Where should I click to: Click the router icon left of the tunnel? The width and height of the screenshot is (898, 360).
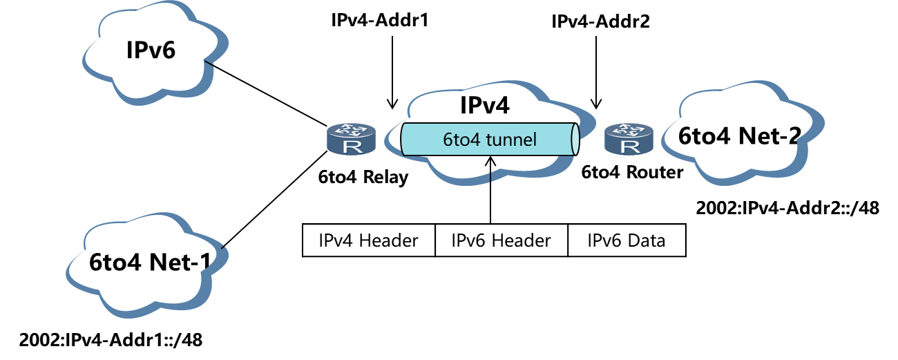tap(351, 139)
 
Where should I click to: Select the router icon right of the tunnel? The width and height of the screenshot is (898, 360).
tap(629, 139)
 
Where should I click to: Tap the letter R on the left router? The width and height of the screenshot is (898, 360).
tap(351, 146)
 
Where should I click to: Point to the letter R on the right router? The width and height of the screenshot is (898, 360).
tap(629, 146)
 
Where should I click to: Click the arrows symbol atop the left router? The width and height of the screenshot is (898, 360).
tap(351, 130)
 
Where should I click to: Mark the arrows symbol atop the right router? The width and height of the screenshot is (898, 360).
tap(629, 130)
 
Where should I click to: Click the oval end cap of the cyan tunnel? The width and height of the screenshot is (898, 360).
tap(574, 140)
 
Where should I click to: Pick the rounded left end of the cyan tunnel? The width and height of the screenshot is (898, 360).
tap(405, 140)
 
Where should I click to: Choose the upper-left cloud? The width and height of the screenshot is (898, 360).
tap(155, 52)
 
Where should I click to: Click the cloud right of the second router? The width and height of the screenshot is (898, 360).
tap(743, 135)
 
